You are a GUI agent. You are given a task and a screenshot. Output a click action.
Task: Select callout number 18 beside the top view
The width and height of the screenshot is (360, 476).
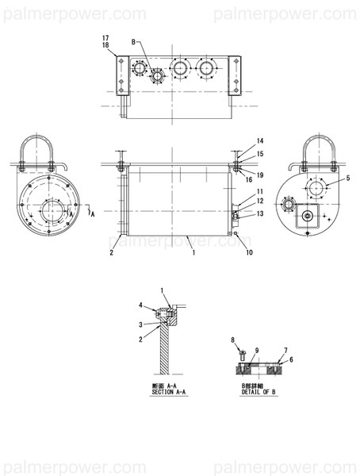tap(105, 46)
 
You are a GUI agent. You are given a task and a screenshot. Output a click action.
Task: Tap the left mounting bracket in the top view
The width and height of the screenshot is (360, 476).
tap(121, 76)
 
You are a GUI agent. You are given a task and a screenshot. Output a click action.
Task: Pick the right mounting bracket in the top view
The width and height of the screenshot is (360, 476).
tap(235, 76)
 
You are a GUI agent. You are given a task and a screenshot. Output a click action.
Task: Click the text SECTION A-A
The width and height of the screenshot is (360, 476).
tap(167, 390)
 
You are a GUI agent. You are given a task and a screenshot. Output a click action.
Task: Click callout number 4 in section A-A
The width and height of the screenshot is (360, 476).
tap(142, 305)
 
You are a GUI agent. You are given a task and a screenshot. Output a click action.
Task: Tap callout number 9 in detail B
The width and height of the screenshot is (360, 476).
tap(257, 350)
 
